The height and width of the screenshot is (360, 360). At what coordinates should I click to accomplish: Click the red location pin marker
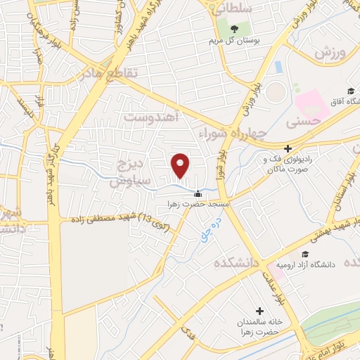click(x=181, y=165)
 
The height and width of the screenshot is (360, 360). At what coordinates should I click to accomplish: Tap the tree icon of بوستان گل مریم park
click(x=233, y=29)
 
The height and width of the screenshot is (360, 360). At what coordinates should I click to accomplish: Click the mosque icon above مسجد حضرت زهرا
click(x=198, y=194)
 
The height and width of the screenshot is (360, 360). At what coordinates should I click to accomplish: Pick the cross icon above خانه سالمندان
click(x=259, y=311)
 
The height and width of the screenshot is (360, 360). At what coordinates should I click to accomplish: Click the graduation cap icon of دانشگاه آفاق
click(x=351, y=90)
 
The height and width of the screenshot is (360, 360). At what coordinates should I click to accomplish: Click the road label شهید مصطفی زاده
click(x=115, y=220)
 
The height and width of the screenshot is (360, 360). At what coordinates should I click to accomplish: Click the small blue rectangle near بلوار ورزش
click(x=278, y=67)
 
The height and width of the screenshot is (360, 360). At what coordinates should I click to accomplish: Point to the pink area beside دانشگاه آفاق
click(x=311, y=103)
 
